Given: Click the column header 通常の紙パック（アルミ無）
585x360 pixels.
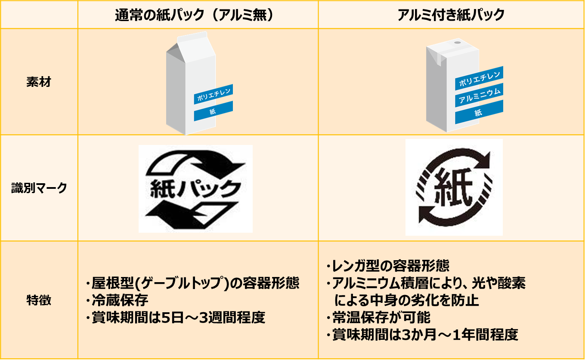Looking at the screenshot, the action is [x=194, y=15].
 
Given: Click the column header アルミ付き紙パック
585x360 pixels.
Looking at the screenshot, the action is [x=451, y=15].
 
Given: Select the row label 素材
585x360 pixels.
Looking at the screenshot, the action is [x=39, y=82].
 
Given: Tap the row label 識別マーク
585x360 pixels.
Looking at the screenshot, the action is [x=39, y=188].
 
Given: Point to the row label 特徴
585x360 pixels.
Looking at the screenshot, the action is [x=39, y=300].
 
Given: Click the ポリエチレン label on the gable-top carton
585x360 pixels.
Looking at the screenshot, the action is [x=214, y=94].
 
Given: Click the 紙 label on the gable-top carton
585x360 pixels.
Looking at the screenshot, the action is [x=214, y=111].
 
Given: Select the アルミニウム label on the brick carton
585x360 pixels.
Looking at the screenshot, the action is [x=479, y=95].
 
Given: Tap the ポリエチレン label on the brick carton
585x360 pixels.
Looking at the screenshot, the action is [x=479, y=78].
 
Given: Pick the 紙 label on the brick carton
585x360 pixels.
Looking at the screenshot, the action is [x=479, y=112].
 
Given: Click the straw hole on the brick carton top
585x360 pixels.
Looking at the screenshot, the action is [x=457, y=43].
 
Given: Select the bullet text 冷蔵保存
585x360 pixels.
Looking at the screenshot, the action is [x=117, y=300].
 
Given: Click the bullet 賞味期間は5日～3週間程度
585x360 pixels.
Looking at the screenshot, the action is [x=176, y=317].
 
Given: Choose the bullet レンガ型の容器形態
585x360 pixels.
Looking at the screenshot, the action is [x=388, y=266].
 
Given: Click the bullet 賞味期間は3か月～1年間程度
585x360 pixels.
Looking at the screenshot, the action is [x=422, y=335].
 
